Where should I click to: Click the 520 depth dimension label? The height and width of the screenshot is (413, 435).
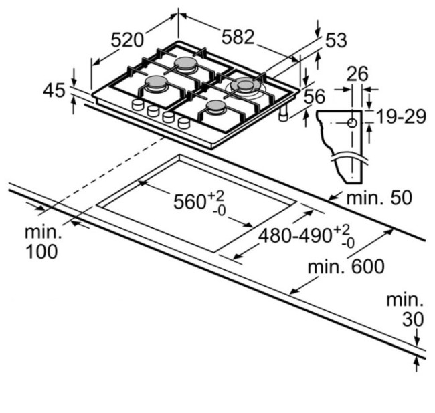tap(127, 40)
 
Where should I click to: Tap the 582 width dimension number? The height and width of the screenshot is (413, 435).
tap(238, 37)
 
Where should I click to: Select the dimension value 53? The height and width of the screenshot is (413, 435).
tap(336, 40)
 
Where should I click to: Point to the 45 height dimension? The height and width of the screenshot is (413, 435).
tap(54, 90)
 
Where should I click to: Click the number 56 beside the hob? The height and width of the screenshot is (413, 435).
tap(315, 96)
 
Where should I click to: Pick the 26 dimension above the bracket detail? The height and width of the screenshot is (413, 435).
tap(357, 74)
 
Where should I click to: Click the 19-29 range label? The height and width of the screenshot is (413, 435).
tap(400, 116)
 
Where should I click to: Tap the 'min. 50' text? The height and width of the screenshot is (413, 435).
tap(379, 198)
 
